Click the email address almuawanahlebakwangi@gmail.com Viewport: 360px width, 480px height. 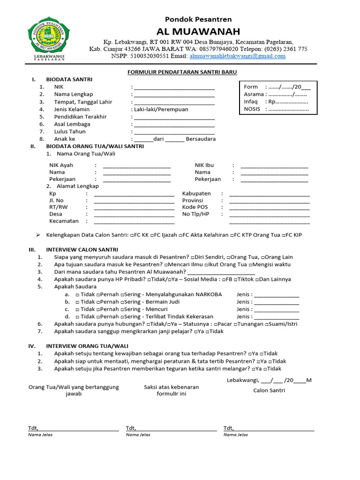[x=237, y=56]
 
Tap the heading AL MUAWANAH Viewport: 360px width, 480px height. [x=202, y=31]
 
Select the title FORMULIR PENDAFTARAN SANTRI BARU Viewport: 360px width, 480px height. [x=182, y=72]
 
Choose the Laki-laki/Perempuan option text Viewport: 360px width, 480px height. [x=161, y=109]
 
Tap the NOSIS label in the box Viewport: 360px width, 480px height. [x=252, y=109]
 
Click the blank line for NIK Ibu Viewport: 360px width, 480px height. [x=274, y=165]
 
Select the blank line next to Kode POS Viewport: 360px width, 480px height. [x=269, y=207]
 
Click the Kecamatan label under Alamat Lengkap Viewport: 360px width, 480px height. [x=64, y=221]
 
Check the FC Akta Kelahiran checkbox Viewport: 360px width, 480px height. [x=180, y=235]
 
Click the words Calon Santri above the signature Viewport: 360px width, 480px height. [x=269, y=390]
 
